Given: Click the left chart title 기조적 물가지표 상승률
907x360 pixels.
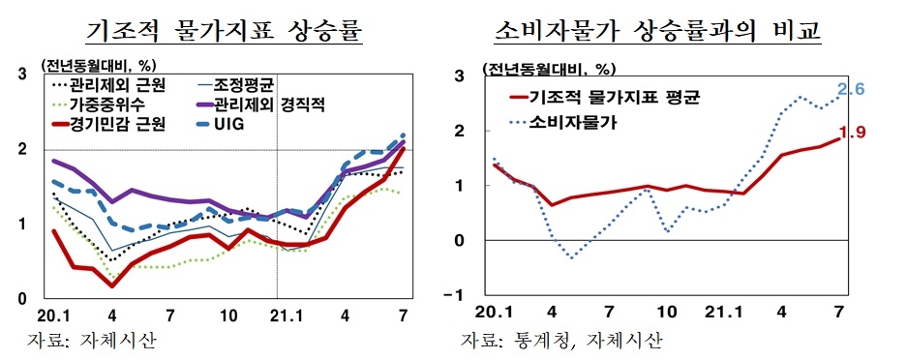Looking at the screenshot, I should (x=224, y=31).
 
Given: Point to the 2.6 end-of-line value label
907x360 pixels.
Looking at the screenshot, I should (x=850, y=90).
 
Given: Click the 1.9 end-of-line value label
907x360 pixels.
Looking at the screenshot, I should (x=850, y=133).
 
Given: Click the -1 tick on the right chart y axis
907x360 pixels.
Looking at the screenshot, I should (x=460, y=295).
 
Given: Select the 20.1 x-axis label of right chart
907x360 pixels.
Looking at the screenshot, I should (x=494, y=315).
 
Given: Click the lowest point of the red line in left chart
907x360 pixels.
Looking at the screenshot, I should (x=112, y=285).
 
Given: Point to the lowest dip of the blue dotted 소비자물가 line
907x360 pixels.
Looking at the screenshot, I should (x=571, y=257).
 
